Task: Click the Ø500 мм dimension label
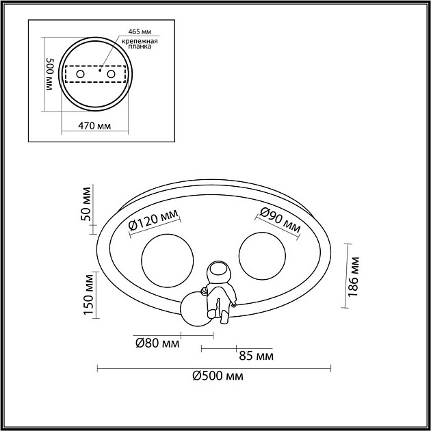[218, 376]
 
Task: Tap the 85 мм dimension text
[256, 356]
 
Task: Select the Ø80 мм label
[157, 343]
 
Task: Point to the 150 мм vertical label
[89, 295]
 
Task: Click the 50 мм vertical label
[86, 204]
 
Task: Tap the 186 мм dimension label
[354, 276]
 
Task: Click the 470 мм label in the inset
[94, 126]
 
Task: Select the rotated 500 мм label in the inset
[50, 74]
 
